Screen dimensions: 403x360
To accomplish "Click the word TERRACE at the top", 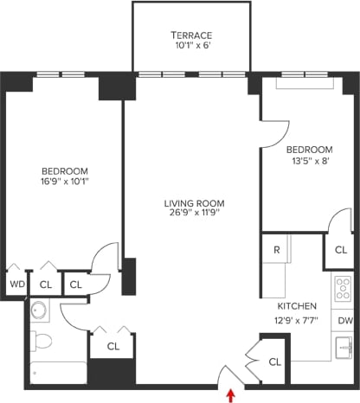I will click(x=191, y=35).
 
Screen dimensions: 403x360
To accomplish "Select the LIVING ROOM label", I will click(x=191, y=204).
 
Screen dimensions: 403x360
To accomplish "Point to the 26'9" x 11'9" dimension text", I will click(x=191, y=214).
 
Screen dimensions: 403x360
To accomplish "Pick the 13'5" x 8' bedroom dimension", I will click(x=309, y=160).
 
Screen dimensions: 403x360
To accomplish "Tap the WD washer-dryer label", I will click(x=16, y=284).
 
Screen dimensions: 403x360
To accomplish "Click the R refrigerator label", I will click(x=275, y=250).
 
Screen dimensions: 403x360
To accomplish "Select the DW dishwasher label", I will click(x=344, y=320).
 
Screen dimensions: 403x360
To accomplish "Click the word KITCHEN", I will click(x=296, y=307).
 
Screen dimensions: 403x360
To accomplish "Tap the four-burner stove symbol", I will click(x=343, y=288).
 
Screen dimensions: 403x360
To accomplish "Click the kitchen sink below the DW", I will click(x=344, y=348).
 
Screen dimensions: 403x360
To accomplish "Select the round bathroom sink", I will click(x=38, y=310).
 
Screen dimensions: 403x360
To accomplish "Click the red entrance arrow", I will click(x=231, y=395).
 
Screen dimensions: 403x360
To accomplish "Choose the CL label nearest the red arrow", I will click(x=275, y=361).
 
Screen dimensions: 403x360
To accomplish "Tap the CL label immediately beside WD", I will click(x=44, y=284).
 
